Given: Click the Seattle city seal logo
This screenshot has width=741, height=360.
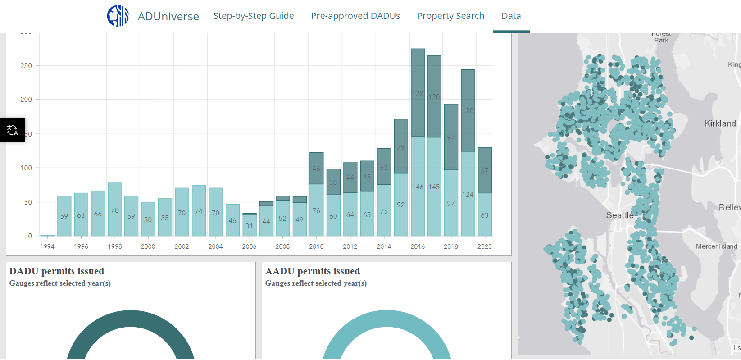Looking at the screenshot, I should (118, 16).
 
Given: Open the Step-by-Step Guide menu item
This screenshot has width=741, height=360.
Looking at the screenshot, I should (254, 16).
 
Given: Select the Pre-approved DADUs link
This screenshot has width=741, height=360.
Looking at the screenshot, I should (355, 16).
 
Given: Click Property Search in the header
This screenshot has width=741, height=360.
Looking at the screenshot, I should (450, 16).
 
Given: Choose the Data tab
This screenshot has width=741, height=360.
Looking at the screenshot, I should (511, 16).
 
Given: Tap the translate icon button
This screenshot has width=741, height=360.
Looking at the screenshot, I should (12, 130).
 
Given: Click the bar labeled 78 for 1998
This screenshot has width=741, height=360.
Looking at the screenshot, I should (115, 210).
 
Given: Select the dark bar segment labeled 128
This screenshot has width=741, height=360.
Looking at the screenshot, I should (418, 93).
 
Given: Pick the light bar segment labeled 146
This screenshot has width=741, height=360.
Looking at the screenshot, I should (418, 187).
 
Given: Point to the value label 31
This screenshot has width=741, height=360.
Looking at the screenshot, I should (249, 226).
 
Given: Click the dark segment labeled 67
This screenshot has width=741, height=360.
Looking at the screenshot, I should (485, 170).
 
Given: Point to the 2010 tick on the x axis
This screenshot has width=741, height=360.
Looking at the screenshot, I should (316, 246).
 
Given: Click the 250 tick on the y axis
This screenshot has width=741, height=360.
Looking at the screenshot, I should (26, 66).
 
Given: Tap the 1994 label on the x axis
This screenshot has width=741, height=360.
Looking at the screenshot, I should (47, 246).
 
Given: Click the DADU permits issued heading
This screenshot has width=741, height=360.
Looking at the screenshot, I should (57, 271).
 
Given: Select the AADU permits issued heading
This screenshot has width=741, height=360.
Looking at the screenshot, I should (313, 271).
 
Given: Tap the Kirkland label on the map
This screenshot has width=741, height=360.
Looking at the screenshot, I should (720, 123).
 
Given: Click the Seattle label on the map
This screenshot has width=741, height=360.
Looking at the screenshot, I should (619, 215).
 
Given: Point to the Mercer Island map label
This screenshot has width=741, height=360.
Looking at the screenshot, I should (716, 246).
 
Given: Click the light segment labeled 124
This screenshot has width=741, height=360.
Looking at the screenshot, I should (468, 194).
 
